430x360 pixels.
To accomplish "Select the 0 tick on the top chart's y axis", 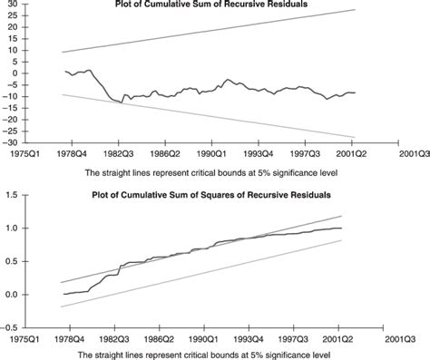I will pos(13,75).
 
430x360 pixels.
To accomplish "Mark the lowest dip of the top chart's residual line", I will pos(122,102).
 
